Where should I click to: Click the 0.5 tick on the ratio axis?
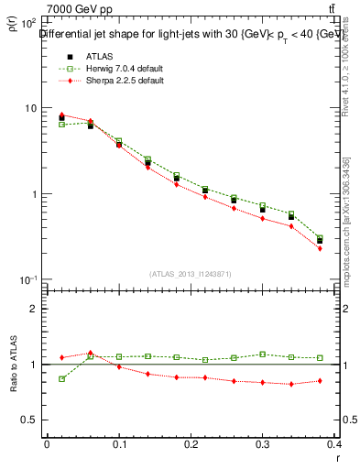30,420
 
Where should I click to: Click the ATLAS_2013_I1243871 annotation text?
191,274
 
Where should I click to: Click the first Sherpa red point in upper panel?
61,115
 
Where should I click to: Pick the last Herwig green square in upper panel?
320,237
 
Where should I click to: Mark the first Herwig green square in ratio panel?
61,378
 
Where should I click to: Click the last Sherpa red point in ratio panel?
320,380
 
